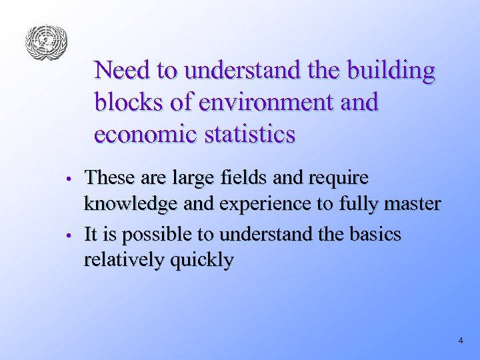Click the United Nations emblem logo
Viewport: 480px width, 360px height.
point(47,43)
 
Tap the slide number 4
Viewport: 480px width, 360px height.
point(461,341)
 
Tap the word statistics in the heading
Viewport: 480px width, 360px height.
point(250,134)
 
